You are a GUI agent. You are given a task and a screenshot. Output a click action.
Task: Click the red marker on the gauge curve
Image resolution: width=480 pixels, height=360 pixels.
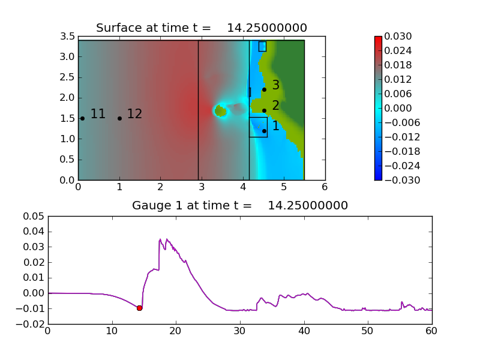(x=139, y=308)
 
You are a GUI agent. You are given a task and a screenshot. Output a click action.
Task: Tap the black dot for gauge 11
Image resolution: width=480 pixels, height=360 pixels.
(x=82, y=118)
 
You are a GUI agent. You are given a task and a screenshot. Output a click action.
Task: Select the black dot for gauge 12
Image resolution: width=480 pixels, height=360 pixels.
(x=119, y=118)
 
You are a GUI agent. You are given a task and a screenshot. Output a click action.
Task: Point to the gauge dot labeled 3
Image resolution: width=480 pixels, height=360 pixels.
(x=264, y=89)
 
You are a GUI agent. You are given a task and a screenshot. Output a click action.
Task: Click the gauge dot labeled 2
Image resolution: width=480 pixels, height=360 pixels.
(x=264, y=110)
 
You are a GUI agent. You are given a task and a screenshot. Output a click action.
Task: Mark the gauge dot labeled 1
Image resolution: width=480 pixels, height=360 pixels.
(x=264, y=131)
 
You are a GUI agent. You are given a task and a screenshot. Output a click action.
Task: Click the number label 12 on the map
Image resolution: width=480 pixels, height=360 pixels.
(x=134, y=113)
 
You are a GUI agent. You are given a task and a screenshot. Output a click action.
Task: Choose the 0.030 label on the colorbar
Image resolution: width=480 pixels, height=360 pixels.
(x=398, y=36)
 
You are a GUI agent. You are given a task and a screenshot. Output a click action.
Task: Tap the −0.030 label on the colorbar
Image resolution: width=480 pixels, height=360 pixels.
(x=402, y=180)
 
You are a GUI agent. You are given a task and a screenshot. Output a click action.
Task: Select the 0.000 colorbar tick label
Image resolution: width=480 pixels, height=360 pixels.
(x=398, y=108)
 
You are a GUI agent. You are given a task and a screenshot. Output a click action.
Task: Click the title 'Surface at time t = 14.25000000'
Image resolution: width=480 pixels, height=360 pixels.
(x=202, y=28)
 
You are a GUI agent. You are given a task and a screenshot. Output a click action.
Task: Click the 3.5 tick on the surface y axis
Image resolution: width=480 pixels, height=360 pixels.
(x=67, y=36)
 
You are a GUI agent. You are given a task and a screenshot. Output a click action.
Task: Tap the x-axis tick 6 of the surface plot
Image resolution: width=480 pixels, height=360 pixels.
(x=325, y=187)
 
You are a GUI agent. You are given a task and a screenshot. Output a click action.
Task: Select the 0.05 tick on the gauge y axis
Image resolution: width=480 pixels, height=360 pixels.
(x=34, y=217)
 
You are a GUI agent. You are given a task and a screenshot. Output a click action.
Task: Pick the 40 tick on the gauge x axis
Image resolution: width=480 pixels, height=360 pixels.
(x=304, y=331)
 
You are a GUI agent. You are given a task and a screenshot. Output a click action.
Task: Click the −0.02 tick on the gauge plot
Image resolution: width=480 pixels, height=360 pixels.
(x=31, y=324)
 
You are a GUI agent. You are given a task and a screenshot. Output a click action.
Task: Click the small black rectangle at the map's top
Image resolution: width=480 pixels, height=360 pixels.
(x=262, y=47)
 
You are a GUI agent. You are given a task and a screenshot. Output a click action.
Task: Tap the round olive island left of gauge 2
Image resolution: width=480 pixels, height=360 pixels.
(x=221, y=111)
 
